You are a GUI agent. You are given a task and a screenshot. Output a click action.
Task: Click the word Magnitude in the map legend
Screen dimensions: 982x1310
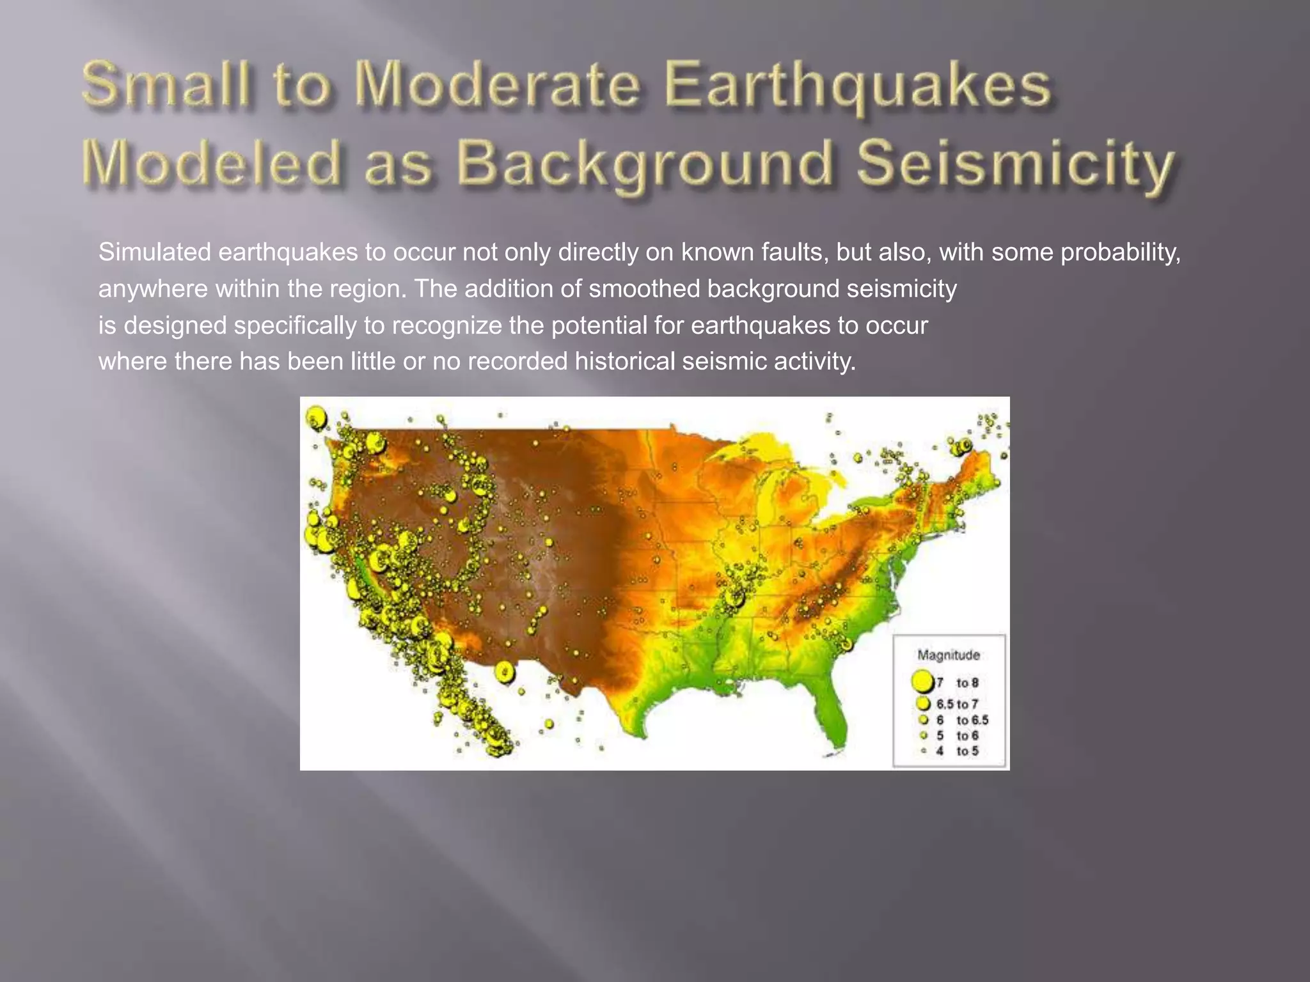(x=948, y=655)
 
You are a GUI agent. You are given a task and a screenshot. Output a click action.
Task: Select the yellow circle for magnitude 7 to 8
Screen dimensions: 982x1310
(x=922, y=682)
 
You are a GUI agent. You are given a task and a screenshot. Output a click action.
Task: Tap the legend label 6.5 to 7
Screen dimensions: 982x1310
(x=958, y=704)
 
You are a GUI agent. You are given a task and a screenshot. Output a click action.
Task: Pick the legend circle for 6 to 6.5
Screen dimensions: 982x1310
(x=923, y=720)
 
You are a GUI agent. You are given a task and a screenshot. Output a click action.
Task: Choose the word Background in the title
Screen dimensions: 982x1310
(x=646, y=164)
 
